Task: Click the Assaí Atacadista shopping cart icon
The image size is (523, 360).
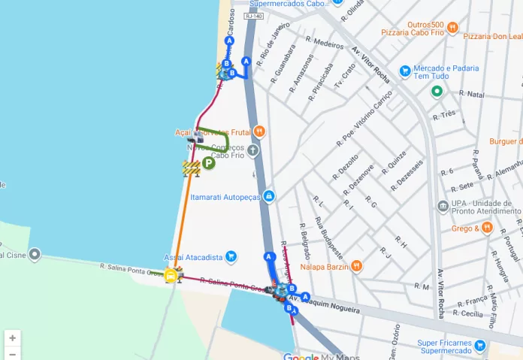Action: pyautogui.click(x=231, y=257)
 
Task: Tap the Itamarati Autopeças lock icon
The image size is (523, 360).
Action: pyautogui.click(x=269, y=196)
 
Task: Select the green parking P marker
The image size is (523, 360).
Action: pyautogui.click(x=208, y=162)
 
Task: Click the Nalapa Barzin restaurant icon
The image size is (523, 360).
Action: pyautogui.click(x=357, y=265)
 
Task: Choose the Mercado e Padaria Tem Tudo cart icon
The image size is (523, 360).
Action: pyautogui.click(x=405, y=71)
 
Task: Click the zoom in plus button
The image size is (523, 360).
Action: pyautogui.click(x=13, y=338)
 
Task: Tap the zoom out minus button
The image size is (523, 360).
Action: pyautogui.click(x=13, y=353)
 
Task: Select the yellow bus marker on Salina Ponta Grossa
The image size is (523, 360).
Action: pyautogui.click(x=171, y=275)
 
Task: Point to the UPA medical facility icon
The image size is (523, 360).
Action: pyautogui.click(x=443, y=206)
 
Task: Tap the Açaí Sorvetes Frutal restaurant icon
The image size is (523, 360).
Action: pyautogui.click(x=259, y=132)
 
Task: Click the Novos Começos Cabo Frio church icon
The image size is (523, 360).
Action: pyautogui.click(x=253, y=150)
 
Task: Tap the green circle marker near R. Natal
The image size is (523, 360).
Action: pyautogui.click(x=437, y=92)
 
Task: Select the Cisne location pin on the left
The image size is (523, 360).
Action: pyautogui.click(x=34, y=254)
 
